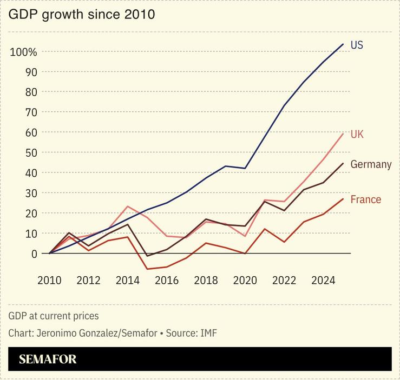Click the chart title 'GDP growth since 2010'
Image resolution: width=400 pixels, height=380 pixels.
pos(82,15)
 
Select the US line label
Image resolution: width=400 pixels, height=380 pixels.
pos(357,45)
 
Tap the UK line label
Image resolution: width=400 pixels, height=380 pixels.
pos(357,134)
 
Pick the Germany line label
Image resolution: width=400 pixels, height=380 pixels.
pos(371,164)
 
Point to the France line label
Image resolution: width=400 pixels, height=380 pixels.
pos(366,199)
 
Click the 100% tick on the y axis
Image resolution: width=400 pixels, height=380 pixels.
pos(23,52)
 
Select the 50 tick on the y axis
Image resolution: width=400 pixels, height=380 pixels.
pos(31,153)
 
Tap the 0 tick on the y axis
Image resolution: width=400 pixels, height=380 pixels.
pos(34,254)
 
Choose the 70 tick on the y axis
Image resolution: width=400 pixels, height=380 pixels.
pos(31,112)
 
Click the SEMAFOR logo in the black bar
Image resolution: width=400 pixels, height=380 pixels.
pos(48,359)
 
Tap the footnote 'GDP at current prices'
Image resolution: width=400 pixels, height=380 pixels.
pos(54,316)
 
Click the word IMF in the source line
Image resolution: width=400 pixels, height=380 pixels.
pos(208,333)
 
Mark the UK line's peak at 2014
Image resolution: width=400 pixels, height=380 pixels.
pos(127,206)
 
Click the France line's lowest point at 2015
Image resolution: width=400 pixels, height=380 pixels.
pos(147,269)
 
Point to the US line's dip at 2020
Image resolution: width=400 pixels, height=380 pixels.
pos(245,169)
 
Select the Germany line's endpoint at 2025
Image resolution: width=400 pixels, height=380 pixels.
pos(343,163)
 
